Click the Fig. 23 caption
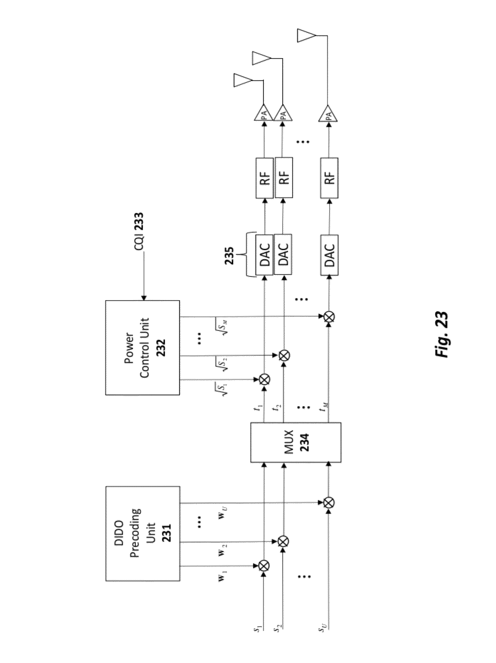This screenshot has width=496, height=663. [x=441, y=334]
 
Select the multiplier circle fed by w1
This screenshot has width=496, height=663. [x=264, y=566]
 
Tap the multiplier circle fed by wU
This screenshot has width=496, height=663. [x=329, y=503]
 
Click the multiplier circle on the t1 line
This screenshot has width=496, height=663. [x=264, y=379]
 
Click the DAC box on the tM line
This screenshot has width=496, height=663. [x=329, y=255]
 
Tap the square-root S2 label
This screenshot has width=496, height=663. [x=224, y=362]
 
